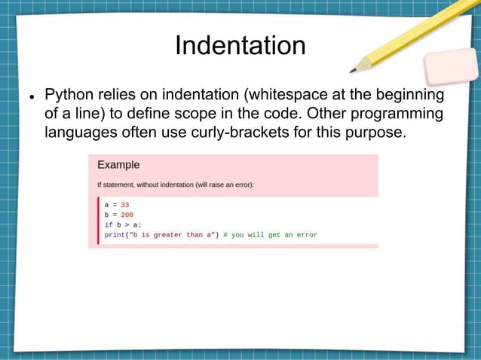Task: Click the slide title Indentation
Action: coord(240,46)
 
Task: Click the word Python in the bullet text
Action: coord(69,96)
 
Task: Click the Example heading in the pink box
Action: coord(118,165)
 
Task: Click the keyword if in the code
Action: coord(108,224)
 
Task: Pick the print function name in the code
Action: coord(115,234)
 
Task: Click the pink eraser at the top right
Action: coord(451,66)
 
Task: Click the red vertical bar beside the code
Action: coord(98,219)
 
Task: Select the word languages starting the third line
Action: coord(79,133)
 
